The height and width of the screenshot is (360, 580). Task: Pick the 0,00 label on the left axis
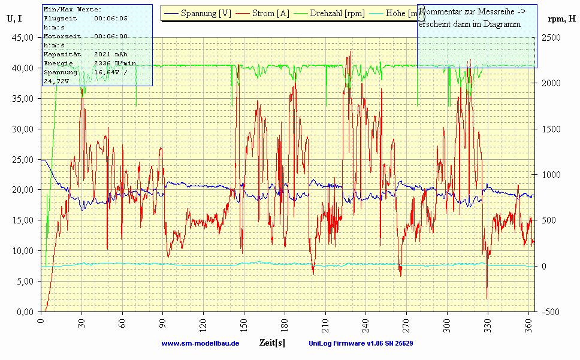[25, 311]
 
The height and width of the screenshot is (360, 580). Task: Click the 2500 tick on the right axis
[552, 37]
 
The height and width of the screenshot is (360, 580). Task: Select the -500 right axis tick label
[552, 311]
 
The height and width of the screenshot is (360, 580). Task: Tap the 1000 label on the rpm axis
[552, 174]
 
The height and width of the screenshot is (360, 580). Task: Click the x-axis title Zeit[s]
[271, 343]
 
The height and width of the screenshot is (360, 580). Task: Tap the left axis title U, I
[14, 18]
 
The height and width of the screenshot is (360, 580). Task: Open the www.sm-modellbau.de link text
[200, 343]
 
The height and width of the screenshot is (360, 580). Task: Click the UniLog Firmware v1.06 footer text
[360, 343]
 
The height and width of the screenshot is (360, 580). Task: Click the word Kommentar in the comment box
[440, 12]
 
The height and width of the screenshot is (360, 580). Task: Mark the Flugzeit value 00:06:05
[111, 19]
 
